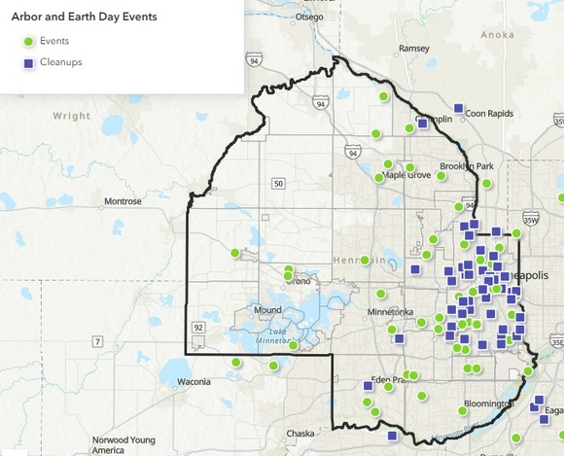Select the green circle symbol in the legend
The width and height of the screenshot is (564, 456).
29,41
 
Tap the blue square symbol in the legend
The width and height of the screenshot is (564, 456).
29,62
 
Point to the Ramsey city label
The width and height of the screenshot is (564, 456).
414,48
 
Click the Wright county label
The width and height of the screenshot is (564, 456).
71,115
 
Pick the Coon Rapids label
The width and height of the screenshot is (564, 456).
488,113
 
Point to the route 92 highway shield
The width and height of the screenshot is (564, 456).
197,327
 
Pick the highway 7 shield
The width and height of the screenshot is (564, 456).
98,341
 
